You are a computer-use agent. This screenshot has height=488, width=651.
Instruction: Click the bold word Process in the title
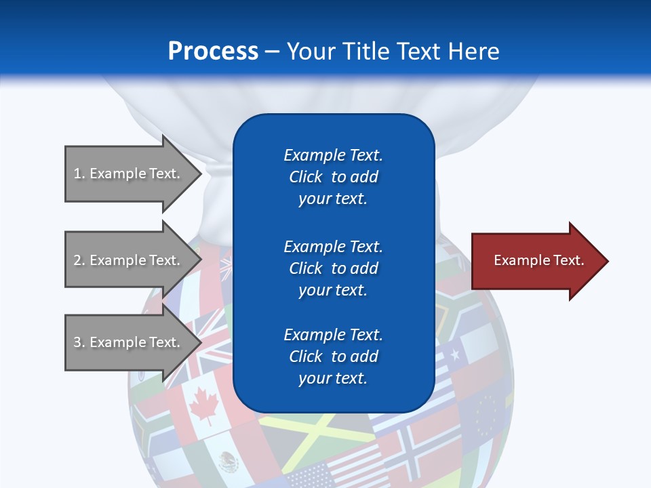click(213, 52)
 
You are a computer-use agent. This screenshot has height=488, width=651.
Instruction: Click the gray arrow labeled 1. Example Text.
click(129, 174)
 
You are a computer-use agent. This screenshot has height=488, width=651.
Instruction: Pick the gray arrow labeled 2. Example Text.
click(129, 260)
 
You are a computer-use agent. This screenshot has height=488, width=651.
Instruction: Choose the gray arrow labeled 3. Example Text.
click(129, 342)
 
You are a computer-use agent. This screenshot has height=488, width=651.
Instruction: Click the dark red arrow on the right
click(536, 261)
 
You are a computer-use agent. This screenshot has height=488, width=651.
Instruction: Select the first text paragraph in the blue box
click(333, 177)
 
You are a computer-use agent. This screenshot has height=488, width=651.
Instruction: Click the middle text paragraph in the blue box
click(333, 268)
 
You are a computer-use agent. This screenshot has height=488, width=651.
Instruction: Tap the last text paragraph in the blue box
click(333, 357)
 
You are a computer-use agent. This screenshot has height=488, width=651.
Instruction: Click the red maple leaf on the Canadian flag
click(202, 407)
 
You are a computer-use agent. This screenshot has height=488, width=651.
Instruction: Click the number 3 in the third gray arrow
click(77, 342)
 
